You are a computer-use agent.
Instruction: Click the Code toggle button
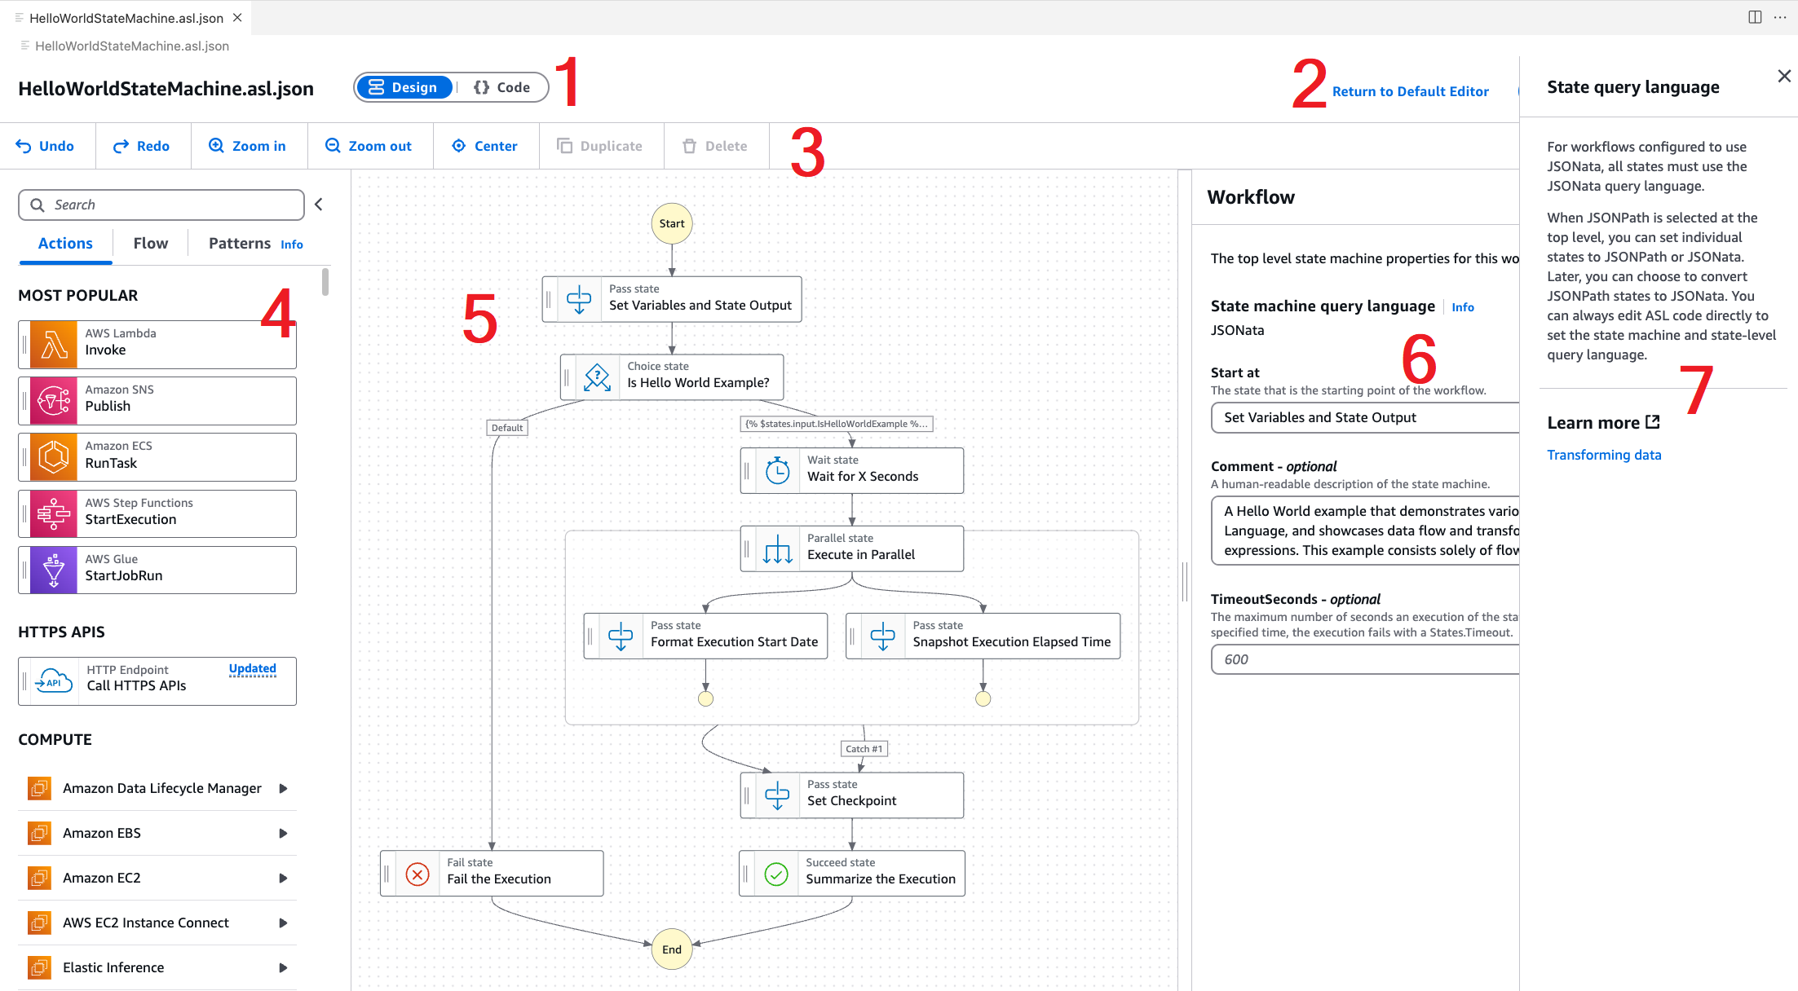point(501,87)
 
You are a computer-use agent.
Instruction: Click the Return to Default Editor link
point(1410,91)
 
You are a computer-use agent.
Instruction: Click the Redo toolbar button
point(142,146)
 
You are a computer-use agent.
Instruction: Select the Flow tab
point(150,243)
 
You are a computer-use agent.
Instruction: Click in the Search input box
point(171,205)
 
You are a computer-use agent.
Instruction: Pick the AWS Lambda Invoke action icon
point(54,345)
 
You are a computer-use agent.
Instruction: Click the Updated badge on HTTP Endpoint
point(252,669)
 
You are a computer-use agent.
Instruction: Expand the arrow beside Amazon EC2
point(283,878)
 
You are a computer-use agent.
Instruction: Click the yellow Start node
point(671,223)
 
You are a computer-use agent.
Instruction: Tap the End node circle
point(671,949)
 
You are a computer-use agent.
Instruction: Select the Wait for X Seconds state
point(852,470)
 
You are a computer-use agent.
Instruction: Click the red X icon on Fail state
point(417,874)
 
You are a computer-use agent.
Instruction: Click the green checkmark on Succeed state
point(776,874)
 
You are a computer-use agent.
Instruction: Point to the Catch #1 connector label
point(864,749)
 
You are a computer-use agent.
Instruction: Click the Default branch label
point(506,428)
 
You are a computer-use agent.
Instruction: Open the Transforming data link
point(1603,455)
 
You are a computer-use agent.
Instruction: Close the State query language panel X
point(1783,76)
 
